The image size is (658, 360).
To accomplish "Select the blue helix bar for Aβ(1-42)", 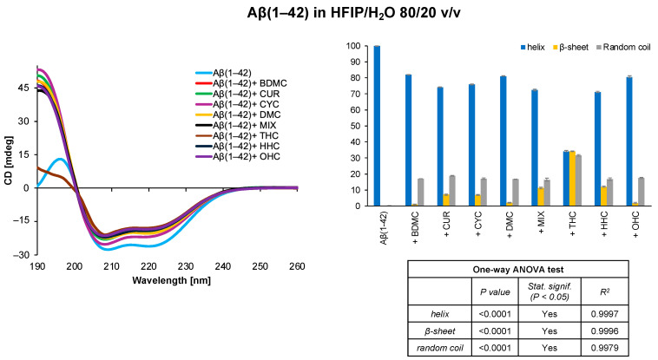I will pos(377,126).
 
